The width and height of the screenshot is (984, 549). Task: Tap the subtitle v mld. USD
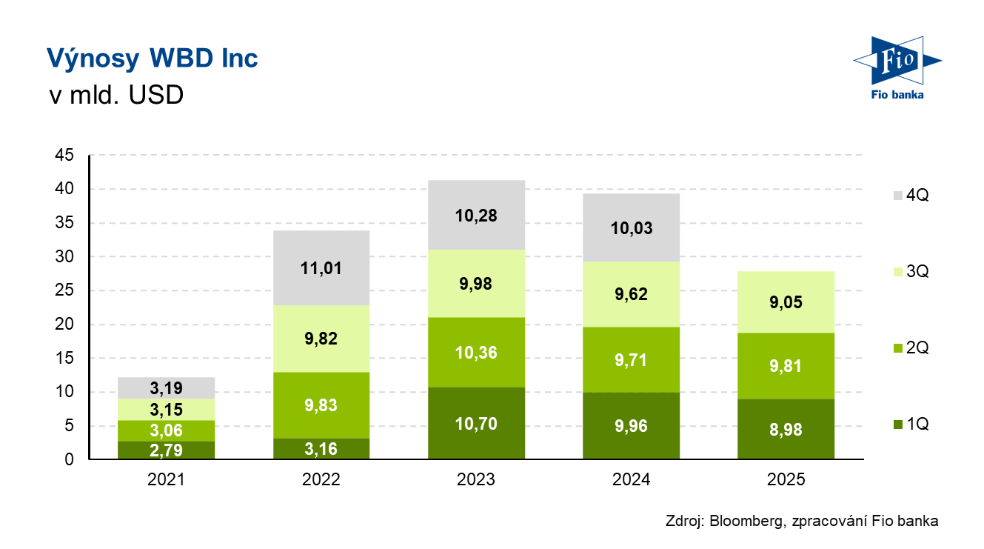115,96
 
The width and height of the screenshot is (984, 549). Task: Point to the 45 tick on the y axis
64,156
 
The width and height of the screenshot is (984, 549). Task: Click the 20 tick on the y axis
64,325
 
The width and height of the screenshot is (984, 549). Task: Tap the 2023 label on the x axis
476,479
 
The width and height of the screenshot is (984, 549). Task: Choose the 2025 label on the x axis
786,479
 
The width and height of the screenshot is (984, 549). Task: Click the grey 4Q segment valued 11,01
321,268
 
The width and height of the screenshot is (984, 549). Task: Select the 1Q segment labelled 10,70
476,423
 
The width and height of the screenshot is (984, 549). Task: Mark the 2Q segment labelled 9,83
321,405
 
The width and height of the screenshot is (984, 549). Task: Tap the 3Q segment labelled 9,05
786,302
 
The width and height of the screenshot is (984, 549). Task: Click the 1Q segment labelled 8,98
786,430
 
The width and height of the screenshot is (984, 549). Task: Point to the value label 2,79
166,450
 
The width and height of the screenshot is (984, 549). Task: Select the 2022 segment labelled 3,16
321,448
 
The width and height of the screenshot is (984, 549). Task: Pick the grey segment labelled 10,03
632,227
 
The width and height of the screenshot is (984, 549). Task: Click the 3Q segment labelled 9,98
476,284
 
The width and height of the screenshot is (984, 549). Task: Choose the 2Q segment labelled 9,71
632,359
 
